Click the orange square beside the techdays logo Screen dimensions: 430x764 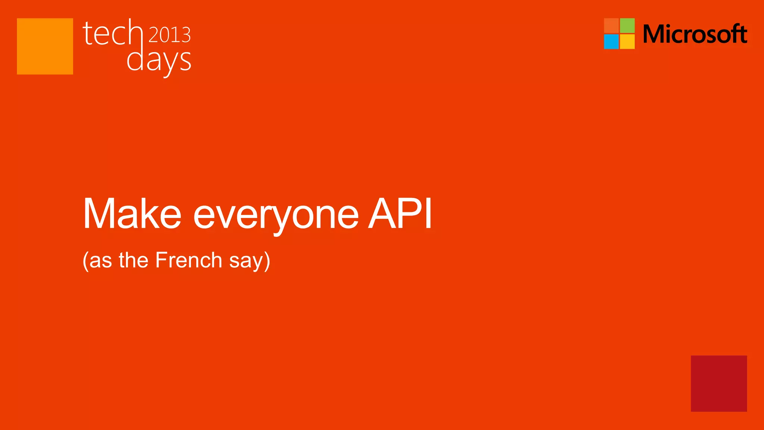[x=45, y=46]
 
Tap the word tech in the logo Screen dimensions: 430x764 [x=112, y=34]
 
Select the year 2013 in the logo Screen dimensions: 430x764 [x=170, y=35]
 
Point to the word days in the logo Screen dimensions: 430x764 [x=159, y=61]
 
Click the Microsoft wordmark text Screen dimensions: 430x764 [x=695, y=34]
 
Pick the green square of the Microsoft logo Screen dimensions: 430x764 [x=627, y=25]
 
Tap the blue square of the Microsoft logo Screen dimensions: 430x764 [x=611, y=41]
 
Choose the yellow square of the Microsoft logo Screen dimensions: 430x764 [x=627, y=41]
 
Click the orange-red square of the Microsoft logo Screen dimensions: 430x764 [x=611, y=25]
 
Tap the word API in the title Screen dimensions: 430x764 [x=400, y=213]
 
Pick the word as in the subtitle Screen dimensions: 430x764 [x=101, y=261]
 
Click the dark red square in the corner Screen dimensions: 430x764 [x=719, y=383]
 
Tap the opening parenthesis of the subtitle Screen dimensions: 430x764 [x=85, y=261]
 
